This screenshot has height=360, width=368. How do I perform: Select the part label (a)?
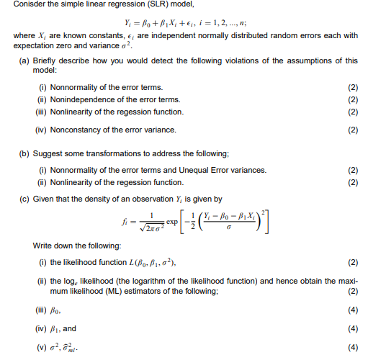tap(22, 61)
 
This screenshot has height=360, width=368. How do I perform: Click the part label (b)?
tap(22, 153)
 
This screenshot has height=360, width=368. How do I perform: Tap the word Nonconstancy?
tap(73, 130)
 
